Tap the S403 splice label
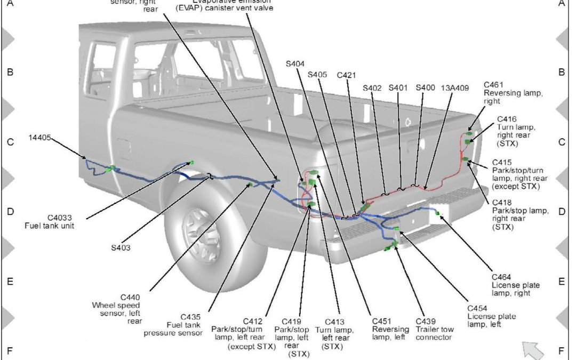coord(121,247)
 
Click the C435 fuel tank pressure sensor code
coord(191,316)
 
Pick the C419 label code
coord(292,322)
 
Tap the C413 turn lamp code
coord(334,322)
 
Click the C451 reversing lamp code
coord(382,321)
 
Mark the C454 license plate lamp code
coord(478,308)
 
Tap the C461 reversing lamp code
coord(494,85)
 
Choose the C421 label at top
coord(347,76)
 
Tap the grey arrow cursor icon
coord(533,350)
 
